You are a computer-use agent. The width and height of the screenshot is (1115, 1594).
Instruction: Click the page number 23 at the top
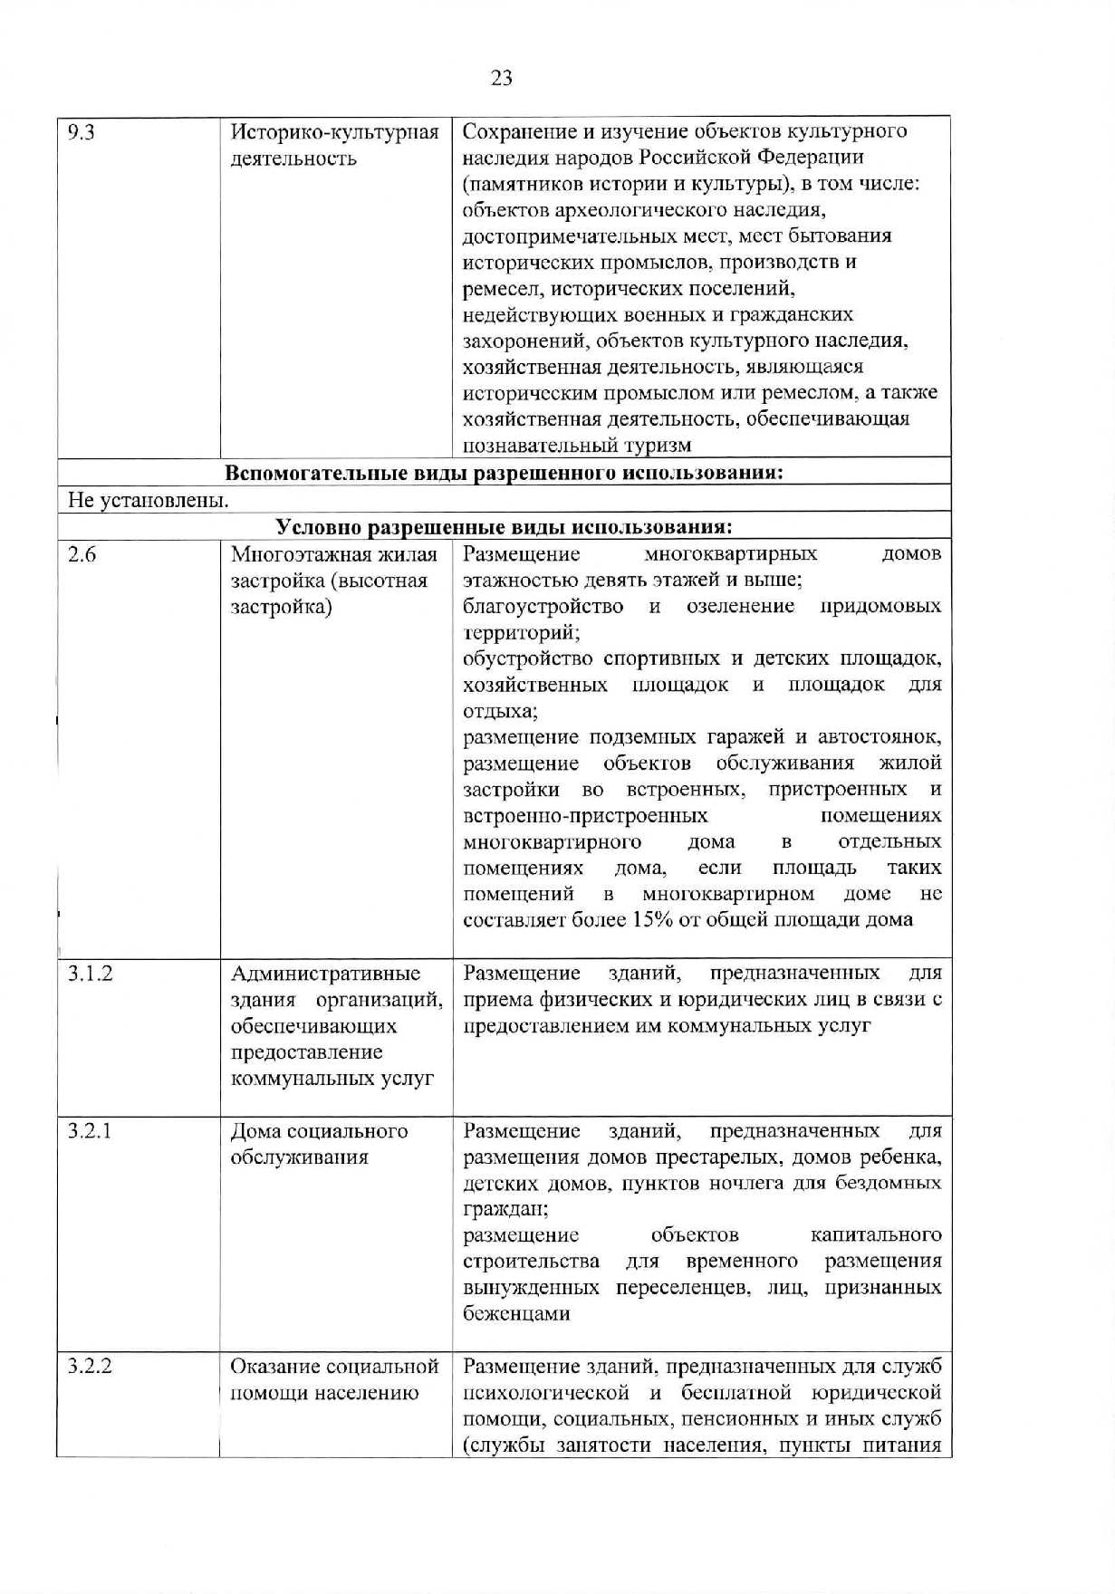tap(501, 78)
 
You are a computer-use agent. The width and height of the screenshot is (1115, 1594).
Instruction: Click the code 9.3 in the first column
tap(82, 132)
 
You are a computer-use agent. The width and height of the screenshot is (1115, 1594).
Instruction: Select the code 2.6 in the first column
tap(82, 554)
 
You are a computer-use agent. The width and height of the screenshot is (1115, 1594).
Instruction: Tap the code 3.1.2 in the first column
tap(91, 974)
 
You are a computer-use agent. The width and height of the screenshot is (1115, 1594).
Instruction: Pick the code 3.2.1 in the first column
tap(91, 1131)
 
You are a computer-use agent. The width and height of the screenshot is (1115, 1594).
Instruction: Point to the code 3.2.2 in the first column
tap(91, 1366)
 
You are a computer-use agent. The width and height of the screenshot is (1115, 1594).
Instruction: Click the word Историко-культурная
tap(335, 132)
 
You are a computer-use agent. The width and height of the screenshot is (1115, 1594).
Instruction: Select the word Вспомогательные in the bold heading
tap(305, 473)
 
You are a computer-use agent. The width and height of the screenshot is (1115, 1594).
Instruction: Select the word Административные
tap(326, 974)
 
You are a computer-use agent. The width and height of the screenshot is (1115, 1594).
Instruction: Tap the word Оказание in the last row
tap(274, 1366)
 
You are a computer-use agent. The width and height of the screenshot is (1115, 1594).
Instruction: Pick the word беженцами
tap(516, 1314)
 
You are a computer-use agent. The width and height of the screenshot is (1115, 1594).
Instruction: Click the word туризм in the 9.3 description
tap(658, 446)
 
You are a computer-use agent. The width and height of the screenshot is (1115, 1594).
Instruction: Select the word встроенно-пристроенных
tap(585, 816)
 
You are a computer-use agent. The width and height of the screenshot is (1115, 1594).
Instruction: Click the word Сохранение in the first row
tap(514, 132)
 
